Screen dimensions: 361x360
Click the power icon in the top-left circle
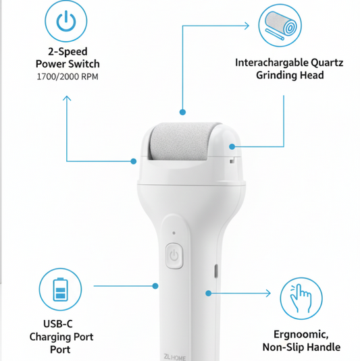pos(67,23)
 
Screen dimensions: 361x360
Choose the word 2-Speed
pos(67,51)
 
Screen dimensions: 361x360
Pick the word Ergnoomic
pos(301,335)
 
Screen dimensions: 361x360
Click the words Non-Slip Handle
pos(301,348)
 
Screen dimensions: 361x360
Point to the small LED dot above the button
pos(174,233)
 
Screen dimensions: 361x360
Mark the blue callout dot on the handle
pos(209,293)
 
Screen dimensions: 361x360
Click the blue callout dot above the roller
pos(181,112)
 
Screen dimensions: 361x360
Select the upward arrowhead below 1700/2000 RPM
pos(67,99)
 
